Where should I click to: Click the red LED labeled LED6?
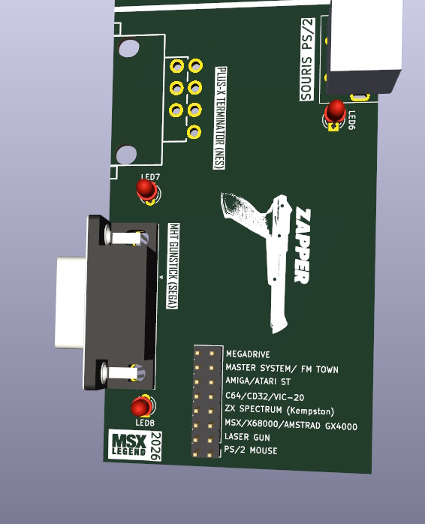tap(335, 110)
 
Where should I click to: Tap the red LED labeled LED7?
tap(146, 189)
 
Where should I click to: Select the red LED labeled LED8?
tap(140, 407)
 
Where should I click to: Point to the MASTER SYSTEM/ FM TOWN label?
tap(282, 369)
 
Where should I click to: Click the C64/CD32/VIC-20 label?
tap(265, 396)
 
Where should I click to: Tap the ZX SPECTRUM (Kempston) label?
tap(279, 410)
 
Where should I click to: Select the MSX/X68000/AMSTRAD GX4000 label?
tap(291, 426)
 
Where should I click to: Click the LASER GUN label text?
tap(247, 437)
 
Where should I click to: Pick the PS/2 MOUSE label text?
tap(251, 450)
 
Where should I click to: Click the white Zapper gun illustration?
tap(263, 255)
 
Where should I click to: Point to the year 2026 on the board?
tap(155, 446)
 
